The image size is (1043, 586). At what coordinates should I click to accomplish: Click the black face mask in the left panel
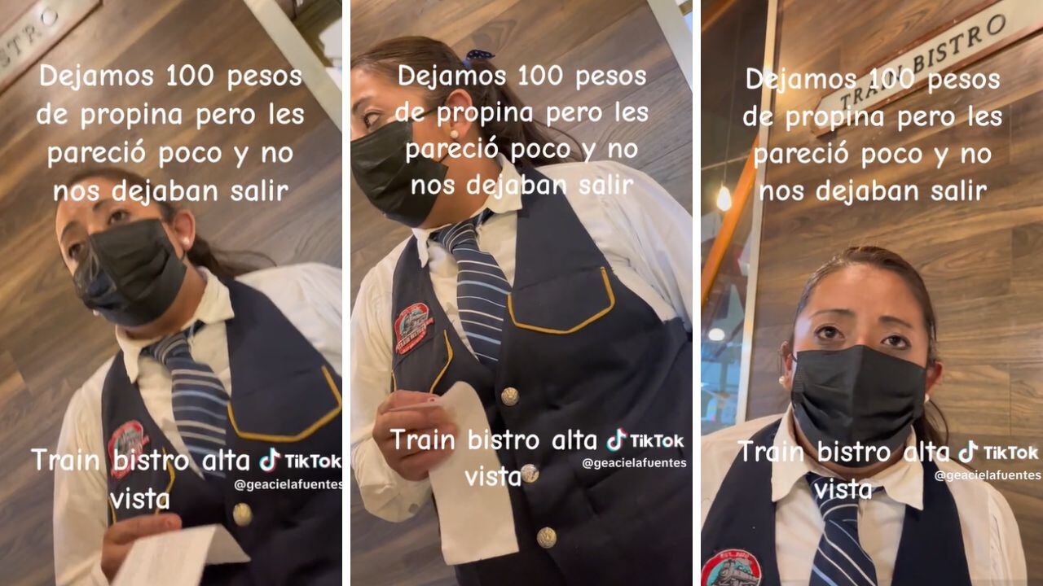[x=130, y=272]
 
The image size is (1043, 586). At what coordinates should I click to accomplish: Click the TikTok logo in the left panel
[x=301, y=461]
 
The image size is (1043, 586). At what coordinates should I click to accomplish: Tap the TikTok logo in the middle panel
[x=645, y=440]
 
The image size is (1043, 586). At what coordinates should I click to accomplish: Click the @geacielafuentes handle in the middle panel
[x=634, y=463]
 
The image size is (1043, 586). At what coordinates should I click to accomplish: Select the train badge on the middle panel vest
[x=412, y=327]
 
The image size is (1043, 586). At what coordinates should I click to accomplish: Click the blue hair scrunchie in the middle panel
[x=477, y=57]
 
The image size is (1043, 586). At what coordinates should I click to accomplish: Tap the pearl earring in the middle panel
[x=454, y=134]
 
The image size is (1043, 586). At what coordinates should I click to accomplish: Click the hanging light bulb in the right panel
[x=724, y=198]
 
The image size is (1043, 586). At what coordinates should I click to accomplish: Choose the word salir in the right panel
[x=959, y=190]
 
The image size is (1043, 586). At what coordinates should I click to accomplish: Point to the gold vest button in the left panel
[x=242, y=514]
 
